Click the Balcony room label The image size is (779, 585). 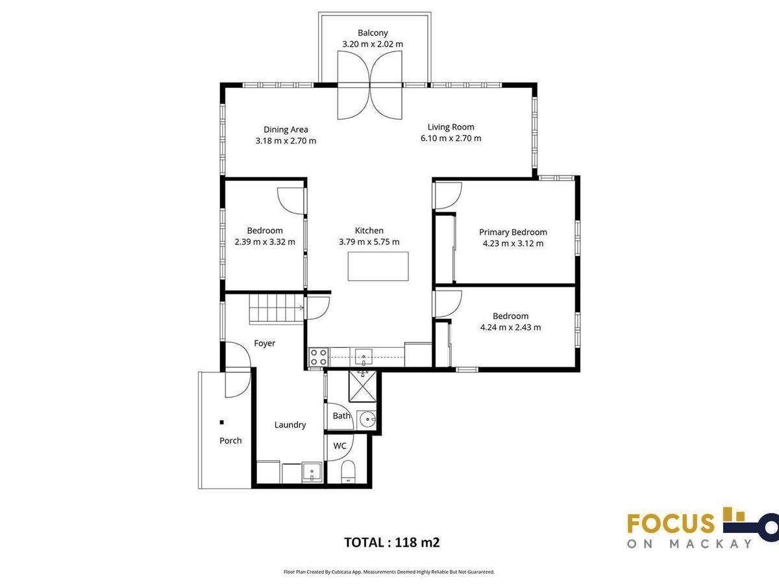(x=373, y=33)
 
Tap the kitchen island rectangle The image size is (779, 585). (x=378, y=266)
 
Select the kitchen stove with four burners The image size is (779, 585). (x=318, y=357)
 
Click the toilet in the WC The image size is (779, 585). (x=348, y=472)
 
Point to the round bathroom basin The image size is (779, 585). (x=367, y=419)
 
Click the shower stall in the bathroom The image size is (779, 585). (x=362, y=386)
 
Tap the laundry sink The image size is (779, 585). (x=312, y=473)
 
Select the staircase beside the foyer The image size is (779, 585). (x=277, y=309)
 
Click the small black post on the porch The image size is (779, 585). (x=222, y=422)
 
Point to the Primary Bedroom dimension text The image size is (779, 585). (x=513, y=244)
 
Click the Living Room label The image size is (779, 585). (x=451, y=127)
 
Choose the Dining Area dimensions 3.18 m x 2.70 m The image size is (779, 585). (x=286, y=141)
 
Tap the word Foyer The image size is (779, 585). (x=264, y=343)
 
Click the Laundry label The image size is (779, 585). (x=290, y=425)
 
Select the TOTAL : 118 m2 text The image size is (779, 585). (x=392, y=542)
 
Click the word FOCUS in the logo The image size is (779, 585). (x=671, y=523)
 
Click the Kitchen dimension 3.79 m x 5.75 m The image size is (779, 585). (x=369, y=242)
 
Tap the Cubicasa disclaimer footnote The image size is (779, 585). (x=389, y=572)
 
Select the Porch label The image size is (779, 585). (x=230, y=441)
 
